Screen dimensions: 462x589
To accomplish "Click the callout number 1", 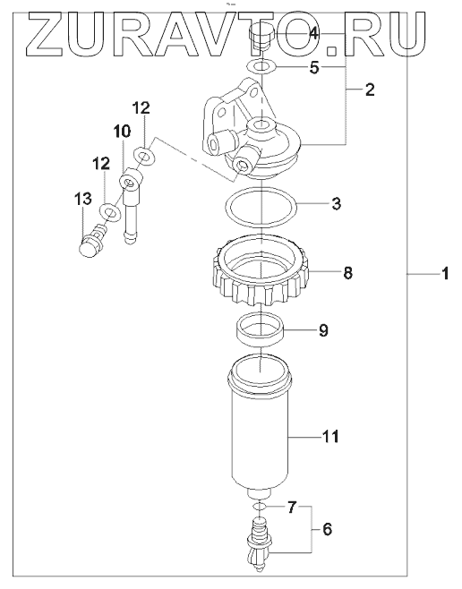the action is point(445,274).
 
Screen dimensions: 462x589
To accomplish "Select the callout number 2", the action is point(370,90).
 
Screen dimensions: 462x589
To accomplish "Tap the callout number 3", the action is point(336,203).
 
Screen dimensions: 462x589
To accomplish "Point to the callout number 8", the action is point(347,273).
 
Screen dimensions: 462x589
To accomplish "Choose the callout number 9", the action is point(323,330).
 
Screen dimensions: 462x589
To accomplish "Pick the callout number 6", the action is point(327,529).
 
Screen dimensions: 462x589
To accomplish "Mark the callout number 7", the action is point(292,508).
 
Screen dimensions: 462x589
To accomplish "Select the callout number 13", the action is point(83,198).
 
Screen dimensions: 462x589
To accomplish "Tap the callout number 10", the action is point(123,132).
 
